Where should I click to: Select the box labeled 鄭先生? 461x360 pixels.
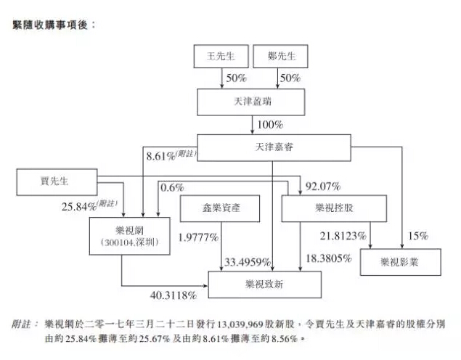point(279,56)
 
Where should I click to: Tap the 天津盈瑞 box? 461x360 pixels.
point(250,102)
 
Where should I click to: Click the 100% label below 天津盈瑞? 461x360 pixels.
point(269,124)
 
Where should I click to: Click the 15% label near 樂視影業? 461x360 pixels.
point(417,236)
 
